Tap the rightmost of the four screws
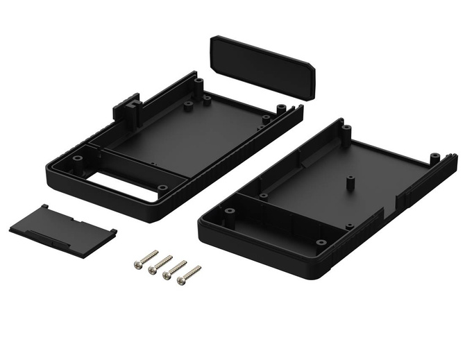pyautogui.click(x=189, y=275)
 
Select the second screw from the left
pyautogui.click(x=160, y=264)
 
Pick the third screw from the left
pyautogui.click(x=174, y=270)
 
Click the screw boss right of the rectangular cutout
pyautogui.click(x=162, y=187)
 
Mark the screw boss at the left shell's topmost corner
pyautogui.click(x=198, y=83)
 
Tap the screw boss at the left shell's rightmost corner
pyautogui.click(x=281, y=108)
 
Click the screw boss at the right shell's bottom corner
pyautogui.click(x=321, y=243)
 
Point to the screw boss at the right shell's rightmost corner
pyautogui.click(x=434, y=157)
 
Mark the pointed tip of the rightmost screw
pyautogui.click(x=199, y=267)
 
